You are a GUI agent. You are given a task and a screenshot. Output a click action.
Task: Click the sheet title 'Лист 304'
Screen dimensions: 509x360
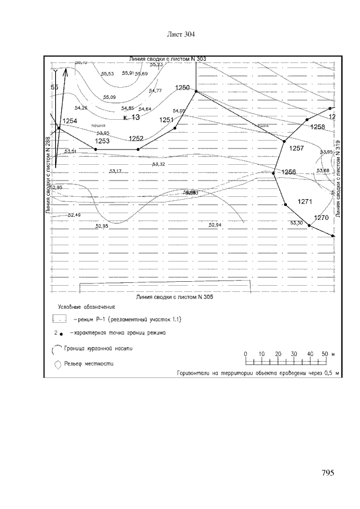(181, 35)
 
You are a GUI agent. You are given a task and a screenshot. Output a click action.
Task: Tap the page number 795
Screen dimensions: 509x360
(328, 473)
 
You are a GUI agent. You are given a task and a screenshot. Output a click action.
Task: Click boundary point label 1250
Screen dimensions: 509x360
(183, 87)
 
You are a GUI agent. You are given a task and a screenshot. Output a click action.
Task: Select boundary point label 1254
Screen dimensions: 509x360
(70, 121)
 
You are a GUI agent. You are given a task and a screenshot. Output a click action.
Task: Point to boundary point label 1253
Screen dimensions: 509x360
(102, 141)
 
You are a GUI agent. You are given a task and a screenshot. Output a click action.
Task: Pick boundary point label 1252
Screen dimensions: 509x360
(136, 138)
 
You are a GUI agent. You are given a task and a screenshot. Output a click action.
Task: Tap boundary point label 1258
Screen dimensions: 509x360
(318, 127)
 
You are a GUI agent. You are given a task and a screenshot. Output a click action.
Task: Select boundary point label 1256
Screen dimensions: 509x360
(289, 172)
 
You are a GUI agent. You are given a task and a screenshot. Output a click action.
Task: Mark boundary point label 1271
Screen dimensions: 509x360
(304, 201)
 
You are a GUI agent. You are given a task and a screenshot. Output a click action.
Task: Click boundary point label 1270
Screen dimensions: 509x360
(321, 218)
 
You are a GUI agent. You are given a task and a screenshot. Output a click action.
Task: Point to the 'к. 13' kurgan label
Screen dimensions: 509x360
(131, 118)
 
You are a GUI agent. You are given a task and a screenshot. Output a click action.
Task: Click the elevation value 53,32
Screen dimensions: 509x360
(159, 164)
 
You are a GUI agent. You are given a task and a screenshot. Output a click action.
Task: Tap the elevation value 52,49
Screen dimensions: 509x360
(74, 215)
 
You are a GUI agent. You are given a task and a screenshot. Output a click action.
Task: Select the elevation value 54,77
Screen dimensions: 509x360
(155, 91)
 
